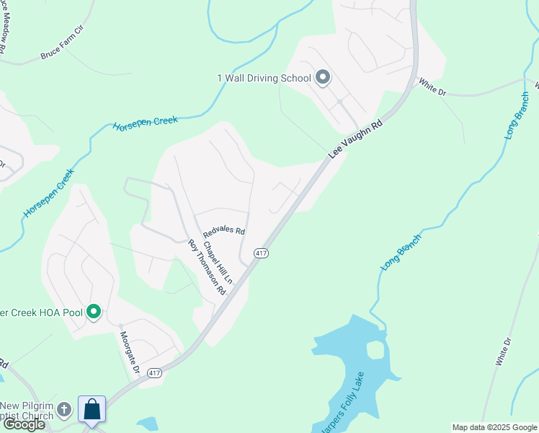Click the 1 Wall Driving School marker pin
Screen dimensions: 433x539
[323, 77]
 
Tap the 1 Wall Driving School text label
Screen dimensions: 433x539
[264, 78]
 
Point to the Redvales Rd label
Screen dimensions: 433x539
[224, 232]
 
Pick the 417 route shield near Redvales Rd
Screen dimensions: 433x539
[261, 253]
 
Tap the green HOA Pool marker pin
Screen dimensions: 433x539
[93, 312]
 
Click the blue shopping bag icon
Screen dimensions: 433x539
[92, 409]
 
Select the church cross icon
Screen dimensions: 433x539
[65, 410]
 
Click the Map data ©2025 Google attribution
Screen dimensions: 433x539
[494, 427]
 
